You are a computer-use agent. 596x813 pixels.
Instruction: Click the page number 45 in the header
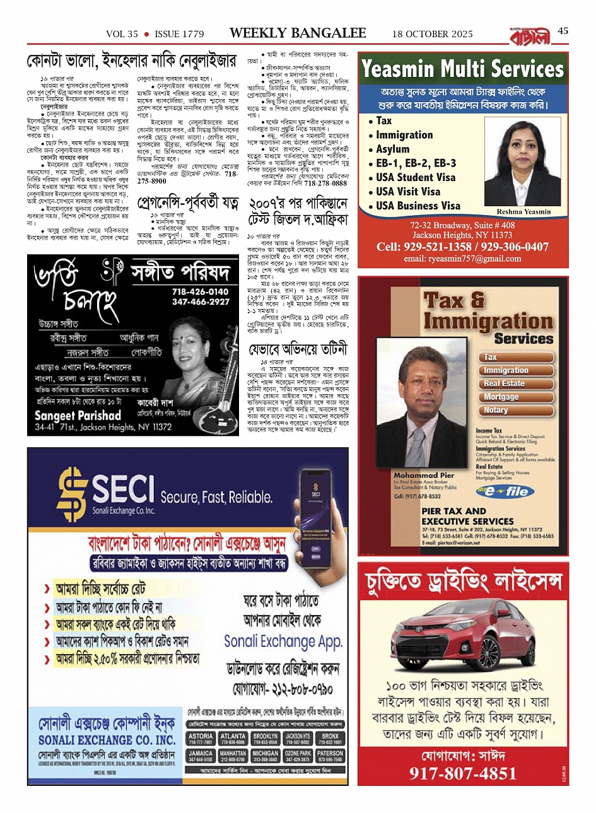pyautogui.click(x=563, y=31)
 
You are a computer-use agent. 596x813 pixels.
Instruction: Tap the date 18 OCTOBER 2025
pyautogui.click(x=432, y=33)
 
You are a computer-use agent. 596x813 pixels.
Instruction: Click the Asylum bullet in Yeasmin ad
pyautogui.click(x=392, y=149)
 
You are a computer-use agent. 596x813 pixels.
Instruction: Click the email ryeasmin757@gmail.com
pyautogui.click(x=462, y=259)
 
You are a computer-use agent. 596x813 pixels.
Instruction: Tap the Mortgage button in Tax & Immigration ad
pyautogui.click(x=502, y=397)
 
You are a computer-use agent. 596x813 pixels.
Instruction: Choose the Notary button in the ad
pyautogui.click(x=496, y=411)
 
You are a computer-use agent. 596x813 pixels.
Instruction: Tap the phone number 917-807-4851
pyautogui.click(x=462, y=773)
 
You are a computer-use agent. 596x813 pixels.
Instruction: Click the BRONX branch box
pyautogui.click(x=330, y=739)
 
